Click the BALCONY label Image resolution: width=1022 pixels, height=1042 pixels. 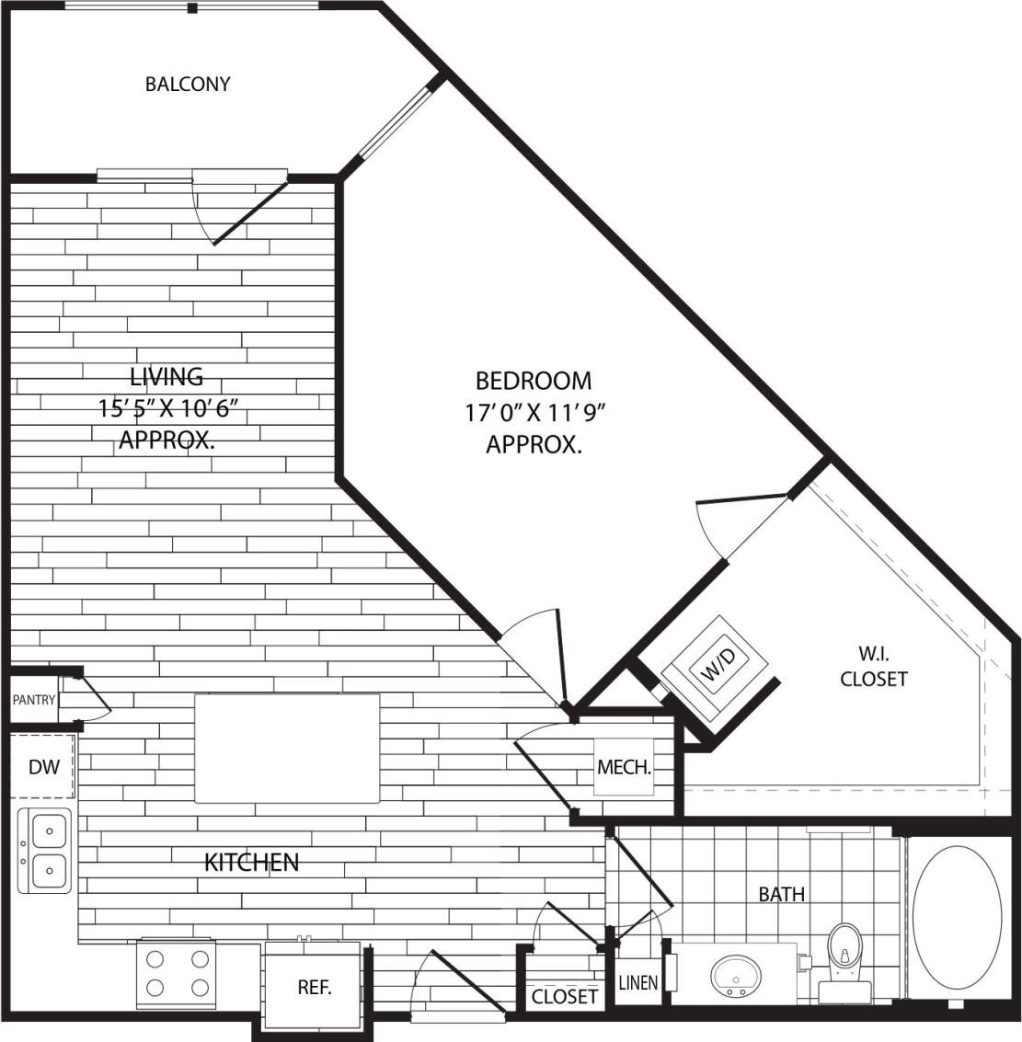click(188, 85)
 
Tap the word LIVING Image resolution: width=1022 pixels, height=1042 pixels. click(167, 376)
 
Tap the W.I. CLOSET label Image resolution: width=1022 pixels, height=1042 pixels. click(873, 667)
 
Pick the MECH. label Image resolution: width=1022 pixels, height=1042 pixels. click(625, 766)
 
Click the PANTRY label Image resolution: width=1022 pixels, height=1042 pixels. click(34, 700)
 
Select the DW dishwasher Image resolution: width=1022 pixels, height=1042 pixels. click(43, 766)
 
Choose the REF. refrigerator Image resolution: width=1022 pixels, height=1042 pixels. click(314, 988)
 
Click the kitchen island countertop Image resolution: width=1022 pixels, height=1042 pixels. click(287, 748)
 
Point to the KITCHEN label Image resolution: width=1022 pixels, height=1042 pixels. click(251, 863)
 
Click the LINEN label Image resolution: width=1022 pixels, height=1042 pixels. click(637, 982)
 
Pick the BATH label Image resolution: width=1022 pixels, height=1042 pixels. click(782, 893)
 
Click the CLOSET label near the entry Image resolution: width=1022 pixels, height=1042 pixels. click(565, 996)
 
